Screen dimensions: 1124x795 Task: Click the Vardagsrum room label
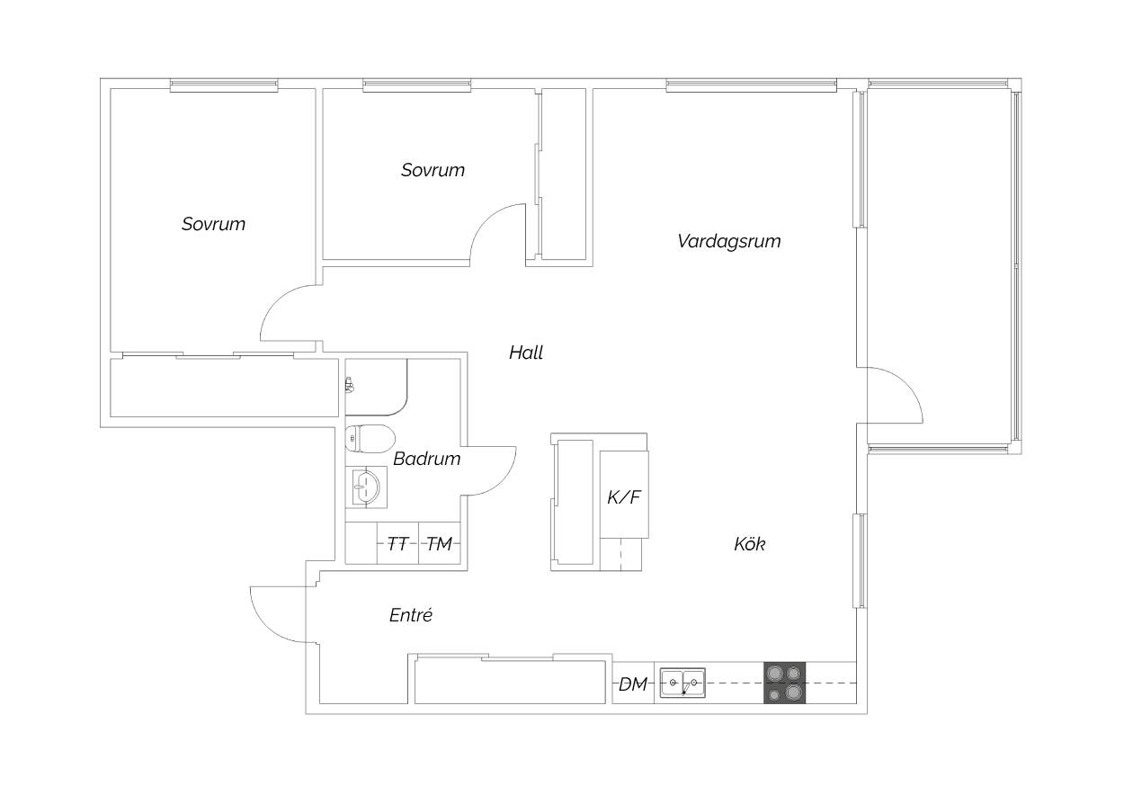(729, 241)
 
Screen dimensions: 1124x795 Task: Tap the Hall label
(526, 353)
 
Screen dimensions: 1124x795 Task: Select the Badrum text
(426, 459)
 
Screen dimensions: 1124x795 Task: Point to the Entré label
(410, 615)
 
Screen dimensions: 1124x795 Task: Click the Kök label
(750, 544)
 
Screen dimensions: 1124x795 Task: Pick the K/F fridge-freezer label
(624, 497)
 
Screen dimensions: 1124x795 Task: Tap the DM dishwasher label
(633, 684)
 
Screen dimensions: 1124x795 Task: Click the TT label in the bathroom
(398, 544)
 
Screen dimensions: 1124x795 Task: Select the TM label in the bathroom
(439, 544)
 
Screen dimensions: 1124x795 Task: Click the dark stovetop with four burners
(785, 683)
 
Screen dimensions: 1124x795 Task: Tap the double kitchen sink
(682, 683)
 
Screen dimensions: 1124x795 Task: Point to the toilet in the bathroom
(370, 439)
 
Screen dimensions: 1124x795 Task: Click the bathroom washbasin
(366, 487)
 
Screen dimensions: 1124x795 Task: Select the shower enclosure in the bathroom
(377, 387)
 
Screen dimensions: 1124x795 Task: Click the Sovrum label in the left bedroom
(213, 224)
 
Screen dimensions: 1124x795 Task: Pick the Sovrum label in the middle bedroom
(433, 170)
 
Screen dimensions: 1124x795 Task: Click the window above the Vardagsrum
(751, 85)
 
